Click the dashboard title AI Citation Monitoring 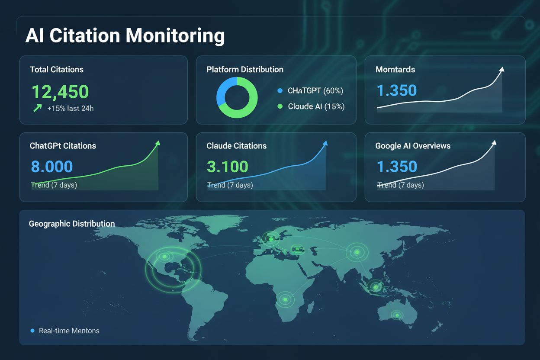[x=125, y=36]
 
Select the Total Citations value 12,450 [x=60, y=92]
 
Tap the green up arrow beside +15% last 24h [x=38, y=108]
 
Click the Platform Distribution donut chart [x=237, y=97]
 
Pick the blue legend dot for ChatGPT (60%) [x=279, y=91]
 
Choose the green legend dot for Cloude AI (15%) [x=279, y=106]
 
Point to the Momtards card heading [x=395, y=69]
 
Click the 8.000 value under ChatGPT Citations [x=52, y=167]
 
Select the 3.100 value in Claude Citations [x=228, y=167]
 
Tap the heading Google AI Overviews [x=413, y=146]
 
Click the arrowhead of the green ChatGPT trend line [x=157, y=143]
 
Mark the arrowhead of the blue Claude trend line [x=325, y=143]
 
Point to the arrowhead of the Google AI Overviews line [x=494, y=143]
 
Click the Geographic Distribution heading [x=72, y=224]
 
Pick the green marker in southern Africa [x=285, y=299]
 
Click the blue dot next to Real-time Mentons [x=32, y=331]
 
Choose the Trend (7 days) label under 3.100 [x=230, y=185]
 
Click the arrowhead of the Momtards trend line [x=502, y=69]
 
